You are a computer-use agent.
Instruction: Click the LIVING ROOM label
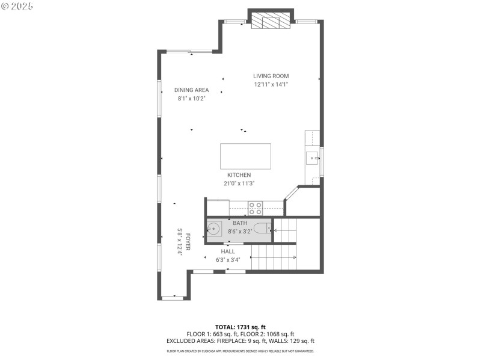pyautogui.click(x=271, y=76)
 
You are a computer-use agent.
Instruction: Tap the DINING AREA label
pyautogui.click(x=191, y=90)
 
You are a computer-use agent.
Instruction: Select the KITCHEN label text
pyautogui.click(x=239, y=175)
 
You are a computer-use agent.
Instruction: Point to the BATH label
pyautogui.click(x=240, y=223)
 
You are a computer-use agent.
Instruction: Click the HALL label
pyautogui.click(x=228, y=251)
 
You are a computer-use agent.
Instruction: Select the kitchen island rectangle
pyautogui.click(x=245, y=156)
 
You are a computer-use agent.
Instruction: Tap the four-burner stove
pyautogui.click(x=256, y=208)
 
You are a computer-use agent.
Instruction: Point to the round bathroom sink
pyautogui.click(x=215, y=229)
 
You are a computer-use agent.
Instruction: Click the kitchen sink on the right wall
pyautogui.click(x=313, y=159)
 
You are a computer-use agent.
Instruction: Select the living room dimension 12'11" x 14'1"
pyautogui.click(x=271, y=85)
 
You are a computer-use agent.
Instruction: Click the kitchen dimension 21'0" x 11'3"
pyautogui.click(x=239, y=184)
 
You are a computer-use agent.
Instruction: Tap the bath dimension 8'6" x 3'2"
pyautogui.click(x=240, y=231)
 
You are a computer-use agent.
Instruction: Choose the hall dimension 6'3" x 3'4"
pyautogui.click(x=228, y=260)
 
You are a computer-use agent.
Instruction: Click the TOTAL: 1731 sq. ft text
pyautogui.click(x=240, y=327)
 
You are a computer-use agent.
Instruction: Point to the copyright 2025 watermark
pyautogui.click(x=18, y=6)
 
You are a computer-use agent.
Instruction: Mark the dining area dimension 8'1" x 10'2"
pyautogui.click(x=191, y=99)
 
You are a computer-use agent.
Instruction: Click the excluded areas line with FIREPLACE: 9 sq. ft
pyautogui.click(x=240, y=341)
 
